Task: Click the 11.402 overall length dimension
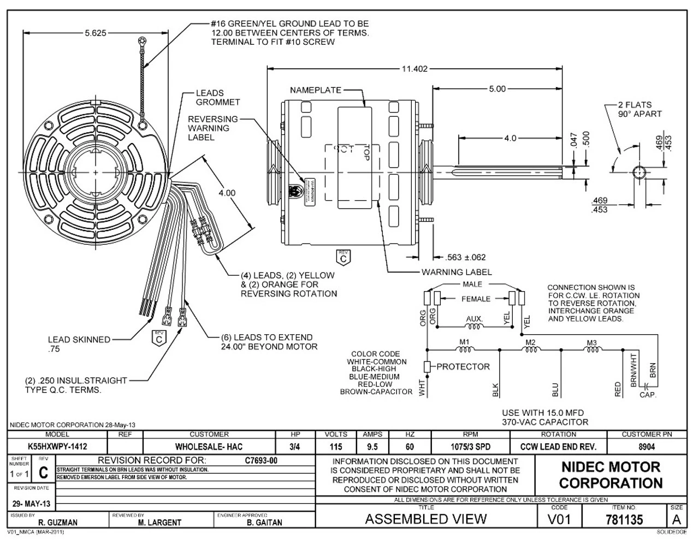[414, 69]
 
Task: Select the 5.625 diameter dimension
[96, 33]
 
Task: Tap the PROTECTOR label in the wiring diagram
[463, 366]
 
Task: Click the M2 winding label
[530, 342]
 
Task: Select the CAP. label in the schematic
[648, 394]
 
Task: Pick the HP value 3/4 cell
[295, 447]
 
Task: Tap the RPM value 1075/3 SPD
[470, 447]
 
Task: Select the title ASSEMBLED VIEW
[425, 519]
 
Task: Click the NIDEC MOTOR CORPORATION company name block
[611, 475]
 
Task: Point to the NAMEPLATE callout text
[316, 90]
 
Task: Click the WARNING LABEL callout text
[456, 272]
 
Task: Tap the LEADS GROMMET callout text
[217, 98]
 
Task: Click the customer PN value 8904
[647, 447]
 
